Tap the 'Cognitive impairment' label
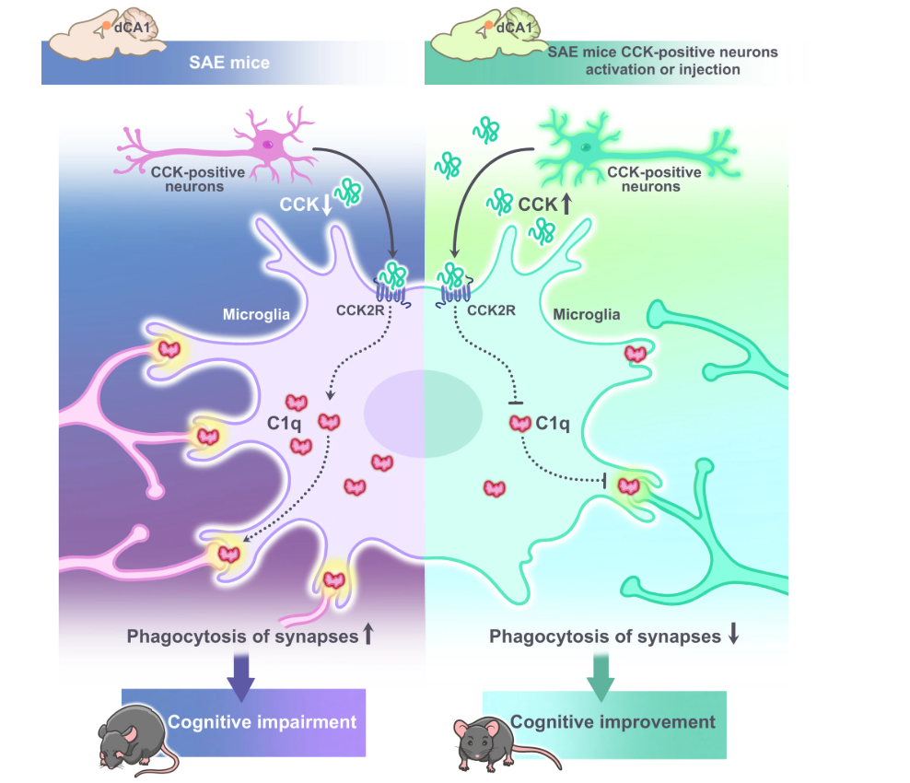pyautogui.click(x=262, y=721)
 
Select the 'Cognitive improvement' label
pyautogui.click(x=612, y=722)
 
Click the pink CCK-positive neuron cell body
pyautogui.click(x=268, y=144)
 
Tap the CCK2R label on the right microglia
pyautogui.click(x=491, y=310)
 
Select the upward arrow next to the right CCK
pyautogui.click(x=566, y=202)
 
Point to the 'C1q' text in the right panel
pyautogui.click(x=553, y=425)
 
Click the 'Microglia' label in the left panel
pyautogui.click(x=256, y=314)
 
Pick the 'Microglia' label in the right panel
pyautogui.click(x=587, y=315)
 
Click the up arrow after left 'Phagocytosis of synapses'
pyautogui.click(x=367, y=635)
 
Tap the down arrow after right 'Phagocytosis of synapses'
pyautogui.click(x=734, y=636)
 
